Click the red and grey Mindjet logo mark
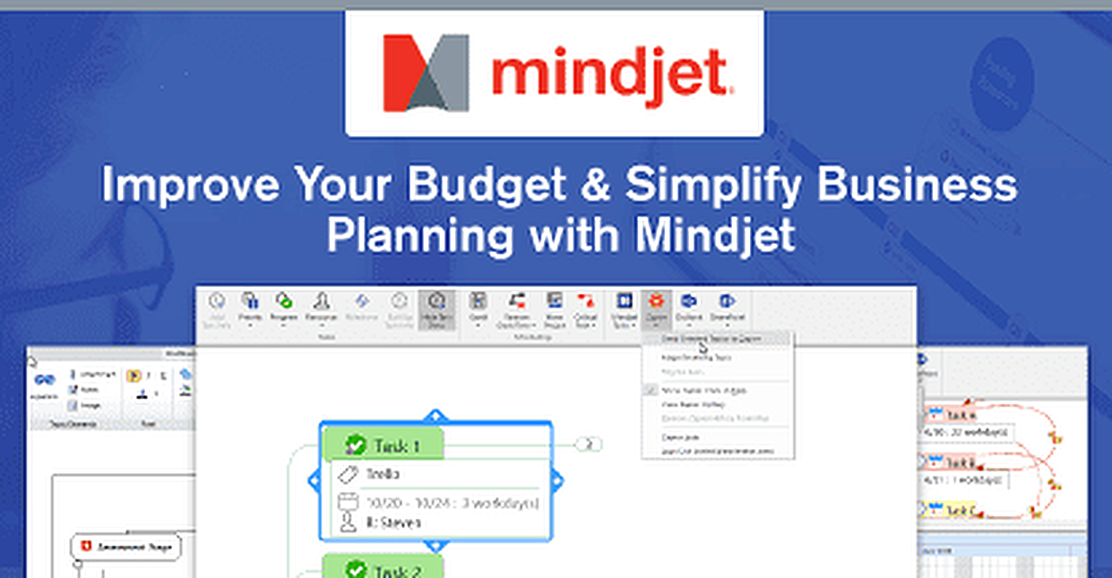426,73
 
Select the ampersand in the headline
595,185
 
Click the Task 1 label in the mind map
397,445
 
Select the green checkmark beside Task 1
357,444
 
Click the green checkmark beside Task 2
357,570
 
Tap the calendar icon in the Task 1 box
348,503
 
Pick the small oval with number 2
590,444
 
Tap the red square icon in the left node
86,546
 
